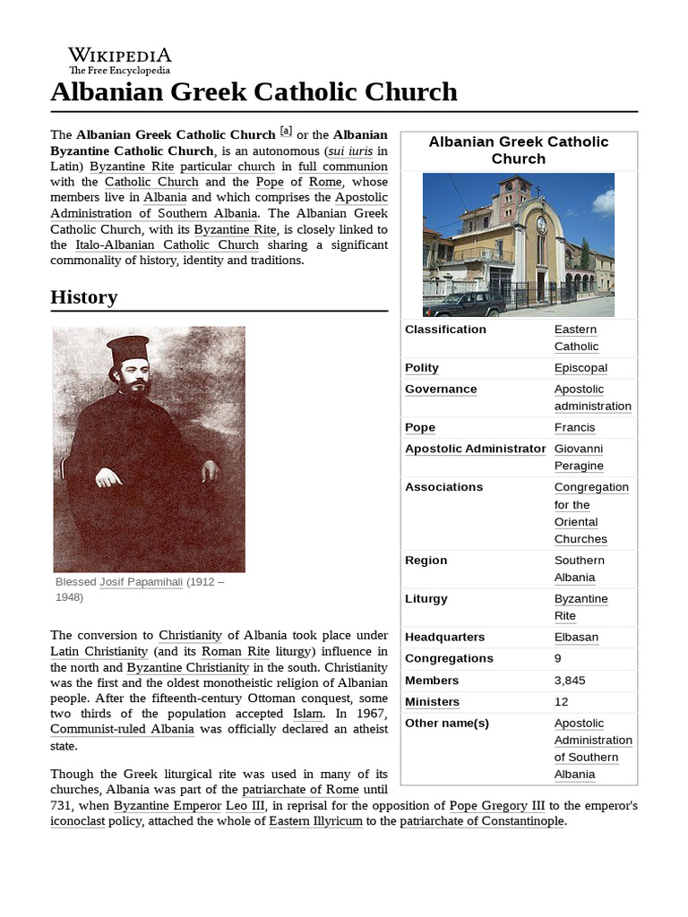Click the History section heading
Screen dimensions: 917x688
(x=84, y=296)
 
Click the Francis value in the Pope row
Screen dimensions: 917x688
(x=574, y=427)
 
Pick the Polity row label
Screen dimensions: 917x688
(x=422, y=368)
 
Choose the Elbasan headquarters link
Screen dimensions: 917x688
(x=576, y=637)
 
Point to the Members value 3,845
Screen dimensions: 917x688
(x=570, y=680)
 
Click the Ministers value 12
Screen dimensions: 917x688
(x=562, y=701)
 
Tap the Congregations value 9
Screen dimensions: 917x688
(x=558, y=658)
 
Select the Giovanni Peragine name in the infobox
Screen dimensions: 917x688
(x=579, y=457)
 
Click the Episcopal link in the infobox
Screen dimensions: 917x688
(x=580, y=368)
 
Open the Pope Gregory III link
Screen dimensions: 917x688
(x=497, y=805)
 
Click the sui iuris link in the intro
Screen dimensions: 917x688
(x=350, y=150)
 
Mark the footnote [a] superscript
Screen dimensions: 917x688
(x=286, y=130)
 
